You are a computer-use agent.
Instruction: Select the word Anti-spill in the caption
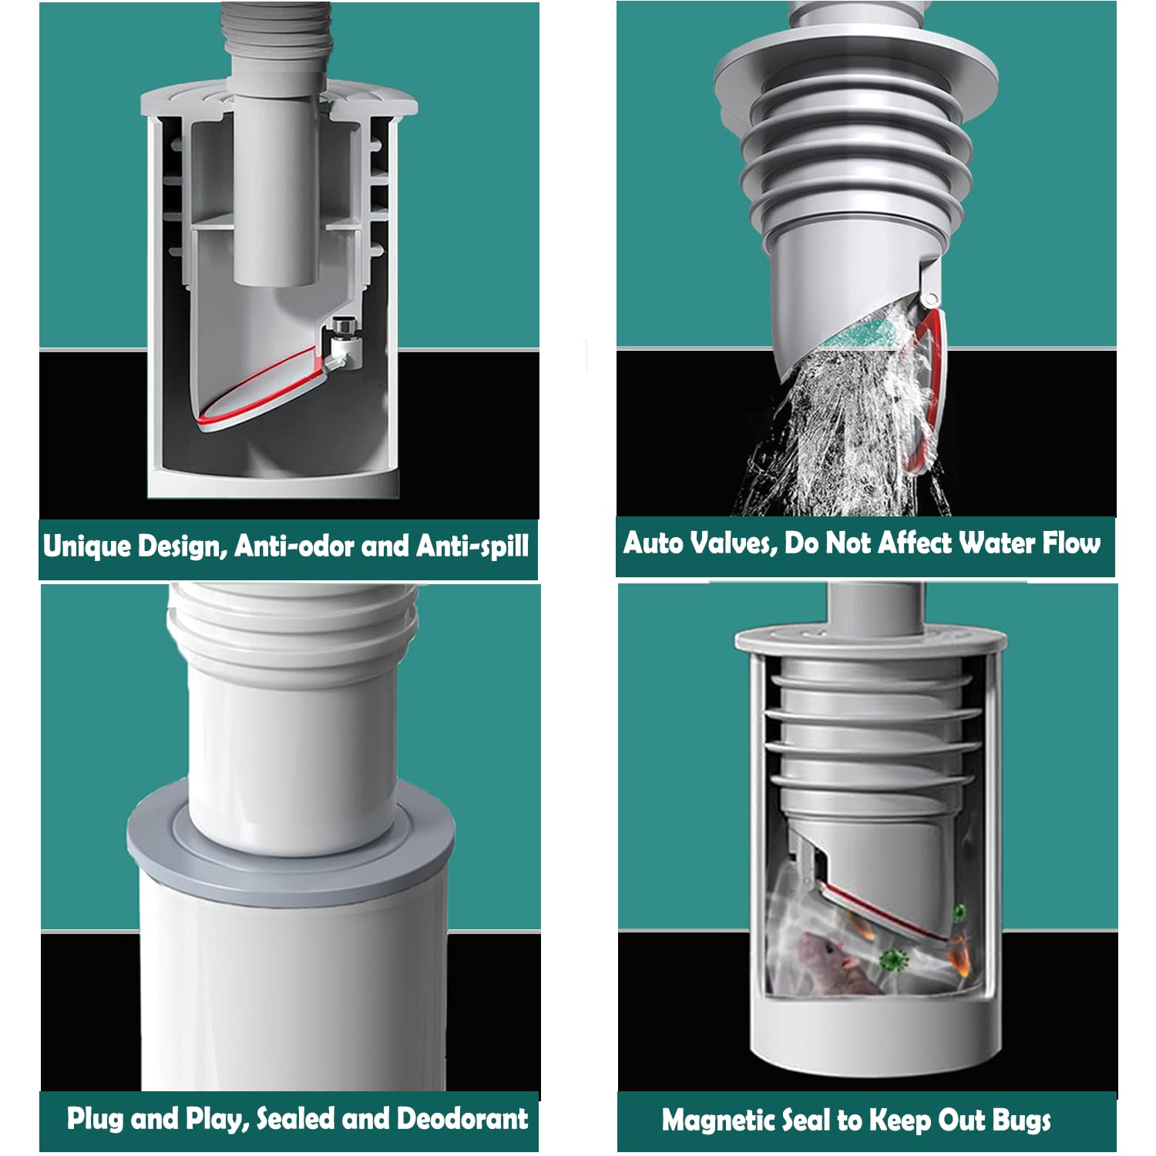pyautogui.click(x=472, y=546)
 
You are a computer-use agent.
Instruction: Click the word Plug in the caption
pyautogui.click(x=96, y=1119)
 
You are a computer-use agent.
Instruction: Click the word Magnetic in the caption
pyautogui.click(x=718, y=1121)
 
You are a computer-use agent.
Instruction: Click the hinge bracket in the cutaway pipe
pyautogui.click(x=342, y=342)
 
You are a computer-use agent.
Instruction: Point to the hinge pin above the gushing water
pyautogui.click(x=933, y=295)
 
